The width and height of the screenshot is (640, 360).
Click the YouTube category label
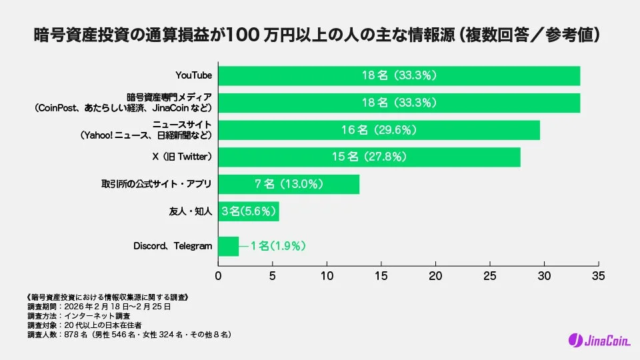tap(193, 76)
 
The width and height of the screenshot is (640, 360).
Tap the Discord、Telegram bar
tap(229, 246)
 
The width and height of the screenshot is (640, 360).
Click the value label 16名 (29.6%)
tap(379, 130)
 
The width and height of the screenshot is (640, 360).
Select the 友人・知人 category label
tap(191, 211)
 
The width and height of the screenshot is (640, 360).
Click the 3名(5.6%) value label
tap(249, 211)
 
